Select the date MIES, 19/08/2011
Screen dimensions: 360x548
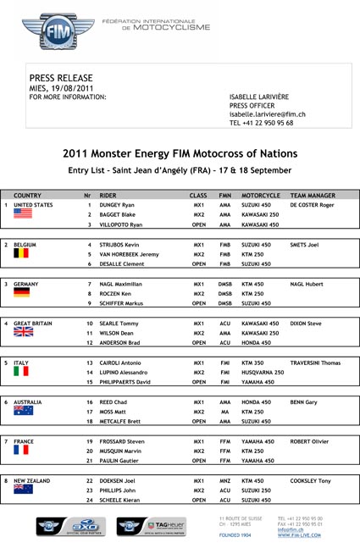tap(62, 88)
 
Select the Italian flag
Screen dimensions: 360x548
tap(22, 371)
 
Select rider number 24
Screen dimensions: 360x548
tap(89, 500)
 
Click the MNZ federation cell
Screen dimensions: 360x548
tap(225, 480)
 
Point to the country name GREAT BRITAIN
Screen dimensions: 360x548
tap(38, 323)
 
